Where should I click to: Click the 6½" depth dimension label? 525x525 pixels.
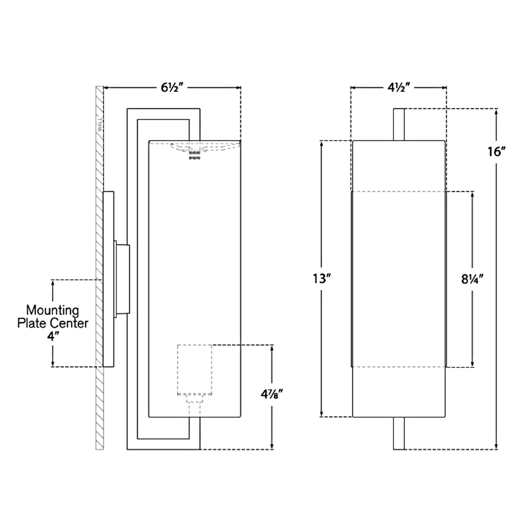coord(173,87)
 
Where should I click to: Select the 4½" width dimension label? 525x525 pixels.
coord(399,87)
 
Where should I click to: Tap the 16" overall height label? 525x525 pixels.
coord(496,152)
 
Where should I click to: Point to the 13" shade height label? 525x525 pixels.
coord(322,278)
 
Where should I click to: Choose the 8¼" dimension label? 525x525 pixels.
coord(472,279)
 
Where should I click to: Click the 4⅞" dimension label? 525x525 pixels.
coord(272,394)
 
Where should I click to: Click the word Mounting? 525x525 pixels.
coord(52,310)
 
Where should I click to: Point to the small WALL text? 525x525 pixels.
coord(100,124)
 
